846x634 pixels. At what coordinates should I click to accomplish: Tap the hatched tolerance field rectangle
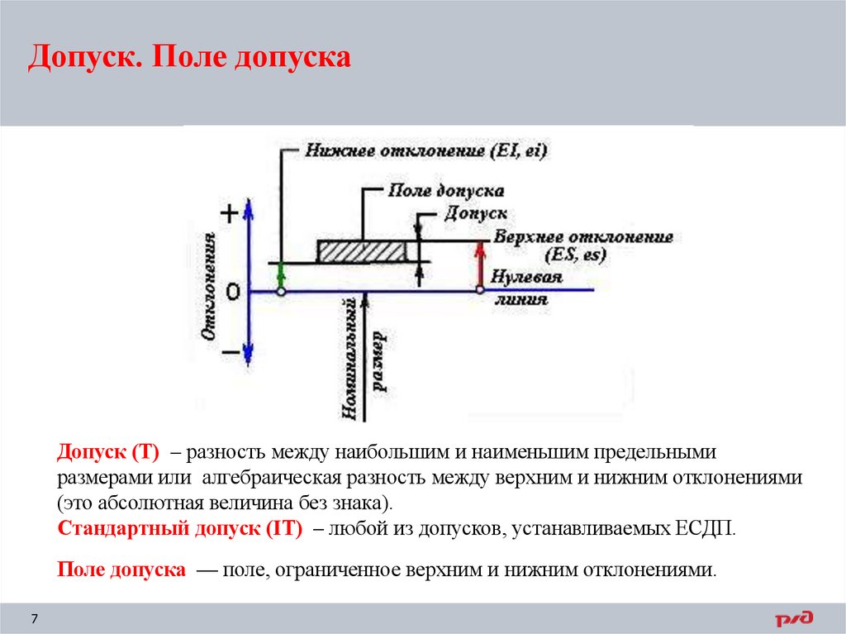[361, 250]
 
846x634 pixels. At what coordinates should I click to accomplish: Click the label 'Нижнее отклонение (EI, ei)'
[426, 150]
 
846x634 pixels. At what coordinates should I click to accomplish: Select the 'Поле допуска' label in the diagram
[446, 191]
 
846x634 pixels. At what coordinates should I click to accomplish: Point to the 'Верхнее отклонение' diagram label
[583, 237]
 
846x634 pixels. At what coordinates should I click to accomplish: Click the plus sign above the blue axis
[230, 214]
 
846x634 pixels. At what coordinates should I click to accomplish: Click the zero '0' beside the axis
[233, 292]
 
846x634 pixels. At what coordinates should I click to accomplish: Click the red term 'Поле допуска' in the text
[121, 570]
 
